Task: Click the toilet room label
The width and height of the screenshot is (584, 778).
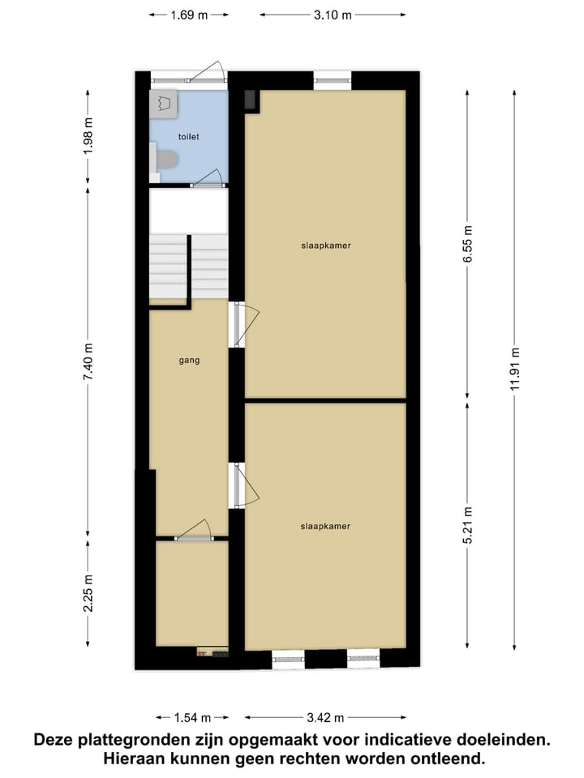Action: coord(187,137)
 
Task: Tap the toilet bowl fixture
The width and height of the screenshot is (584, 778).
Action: coord(165,159)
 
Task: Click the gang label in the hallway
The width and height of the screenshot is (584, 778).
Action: coord(189,360)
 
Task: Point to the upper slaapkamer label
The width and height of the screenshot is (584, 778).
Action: coord(325,245)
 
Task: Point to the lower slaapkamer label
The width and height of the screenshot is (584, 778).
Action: coord(325,526)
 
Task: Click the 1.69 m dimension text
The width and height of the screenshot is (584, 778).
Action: coord(189,14)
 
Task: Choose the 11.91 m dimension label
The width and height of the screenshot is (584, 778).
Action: coord(515,370)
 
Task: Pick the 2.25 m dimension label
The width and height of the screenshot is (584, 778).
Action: coord(89,593)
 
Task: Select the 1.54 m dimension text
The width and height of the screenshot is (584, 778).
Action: coord(192,717)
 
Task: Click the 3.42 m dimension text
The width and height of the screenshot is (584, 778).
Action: coord(324,717)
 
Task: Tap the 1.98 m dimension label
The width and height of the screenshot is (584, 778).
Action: coord(89,137)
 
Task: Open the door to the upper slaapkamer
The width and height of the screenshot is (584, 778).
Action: coord(243,324)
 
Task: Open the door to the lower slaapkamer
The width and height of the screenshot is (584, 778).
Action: coord(243,485)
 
